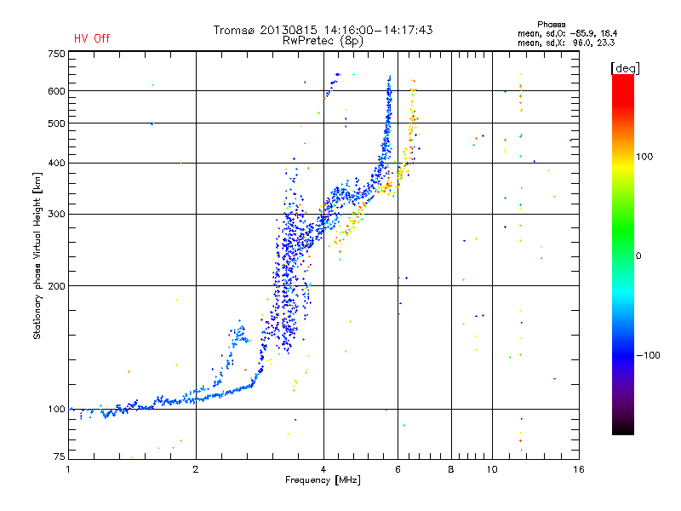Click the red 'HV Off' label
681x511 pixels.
pyautogui.click(x=92, y=38)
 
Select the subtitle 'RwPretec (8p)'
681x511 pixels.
pyautogui.click(x=323, y=41)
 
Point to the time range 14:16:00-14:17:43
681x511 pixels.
pyautogui.click(x=378, y=30)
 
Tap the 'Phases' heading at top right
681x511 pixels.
pyautogui.click(x=551, y=25)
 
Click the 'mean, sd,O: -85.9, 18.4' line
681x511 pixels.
pyautogui.click(x=567, y=33)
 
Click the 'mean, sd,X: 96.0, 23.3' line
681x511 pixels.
pyautogui.click(x=566, y=43)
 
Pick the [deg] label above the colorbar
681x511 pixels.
pyautogui.click(x=625, y=68)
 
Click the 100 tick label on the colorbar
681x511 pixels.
pyautogui.click(x=644, y=157)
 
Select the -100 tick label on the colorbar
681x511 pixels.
pyautogui.click(x=648, y=355)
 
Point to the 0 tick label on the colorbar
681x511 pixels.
pyautogui.click(x=638, y=255)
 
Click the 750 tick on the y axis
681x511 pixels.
pyautogui.click(x=56, y=54)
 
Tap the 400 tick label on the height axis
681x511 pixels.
pyautogui.click(x=56, y=163)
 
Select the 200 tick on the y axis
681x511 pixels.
pyautogui.click(x=56, y=286)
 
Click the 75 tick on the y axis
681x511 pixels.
pyautogui.click(x=59, y=456)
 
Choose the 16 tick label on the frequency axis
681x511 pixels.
pyautogui.click(x=579, y=469)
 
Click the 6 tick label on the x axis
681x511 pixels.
pyautogui.click(x=398, y=469)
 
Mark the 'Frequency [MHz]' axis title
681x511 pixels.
pyautogui.click(x=323, y=480)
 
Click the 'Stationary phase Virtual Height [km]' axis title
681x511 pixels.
pyautogui.click(x=37, y=255)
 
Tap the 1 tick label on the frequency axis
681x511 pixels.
pyautogui.click(x=68, y=469)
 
